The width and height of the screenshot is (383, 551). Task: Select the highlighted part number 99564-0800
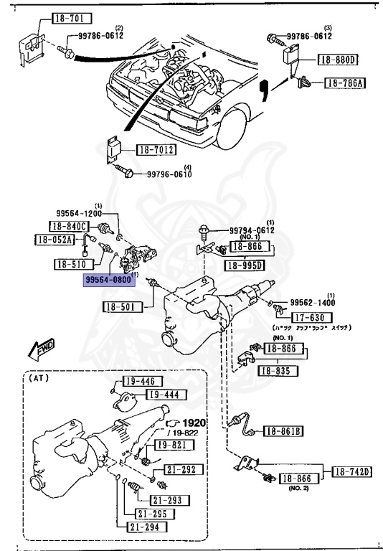(x=108, y=280)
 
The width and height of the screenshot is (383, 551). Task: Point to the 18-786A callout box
(x=344, y=83)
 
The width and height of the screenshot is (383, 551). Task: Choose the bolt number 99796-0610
(x=169, y=174)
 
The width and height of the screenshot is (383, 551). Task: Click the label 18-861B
(x=283, y=430)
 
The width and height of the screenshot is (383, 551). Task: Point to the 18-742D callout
(x=351, y=471)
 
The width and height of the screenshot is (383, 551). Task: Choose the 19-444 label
(x=164, y=394)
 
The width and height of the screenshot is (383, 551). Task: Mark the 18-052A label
(x=54, y=240)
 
